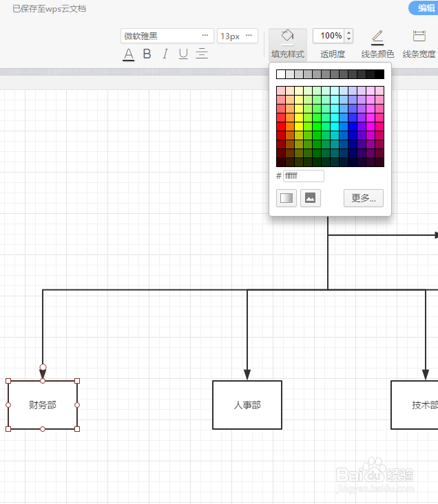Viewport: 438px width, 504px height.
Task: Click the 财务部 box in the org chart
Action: point(43,405)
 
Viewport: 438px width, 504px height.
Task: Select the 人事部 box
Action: point(247,405)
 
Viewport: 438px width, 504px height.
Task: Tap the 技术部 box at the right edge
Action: point(415,405)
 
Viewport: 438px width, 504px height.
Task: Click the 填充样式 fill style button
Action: point(288,45)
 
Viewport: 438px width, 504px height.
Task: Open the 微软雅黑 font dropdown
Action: point(167,36)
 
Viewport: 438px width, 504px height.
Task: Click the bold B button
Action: point(147,54)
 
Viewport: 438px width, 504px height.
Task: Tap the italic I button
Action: point(165,54)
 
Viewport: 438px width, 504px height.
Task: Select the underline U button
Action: point(183,54)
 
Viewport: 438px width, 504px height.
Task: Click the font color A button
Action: point(128,54)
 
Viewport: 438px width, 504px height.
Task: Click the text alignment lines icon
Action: point(202,54)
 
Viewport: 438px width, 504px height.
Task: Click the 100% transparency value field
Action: point(328,36)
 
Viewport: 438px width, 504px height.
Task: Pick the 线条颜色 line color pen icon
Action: point(377,37)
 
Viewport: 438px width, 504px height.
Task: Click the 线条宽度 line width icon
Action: point(419,36)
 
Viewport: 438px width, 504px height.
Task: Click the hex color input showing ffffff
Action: point(304,176)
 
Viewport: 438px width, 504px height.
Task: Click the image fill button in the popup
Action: point(310,198)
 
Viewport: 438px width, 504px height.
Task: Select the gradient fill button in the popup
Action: point(286,198)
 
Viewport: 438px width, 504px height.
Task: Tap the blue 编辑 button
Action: point(424,8)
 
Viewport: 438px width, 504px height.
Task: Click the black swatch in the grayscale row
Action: point(379,74)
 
